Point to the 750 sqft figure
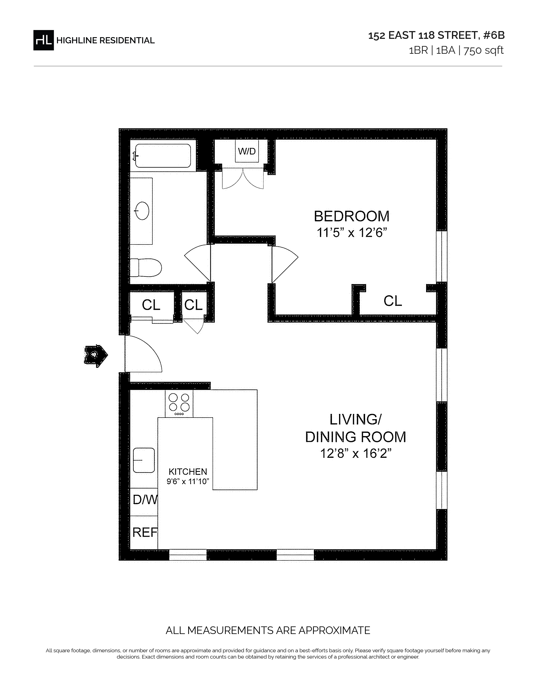point(484,50)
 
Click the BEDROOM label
point(351,216)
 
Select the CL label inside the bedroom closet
point(393,301)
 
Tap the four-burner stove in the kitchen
point(179,403)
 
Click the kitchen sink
point(144,460)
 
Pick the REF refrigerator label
point(145,532)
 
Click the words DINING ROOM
point(356,437)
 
